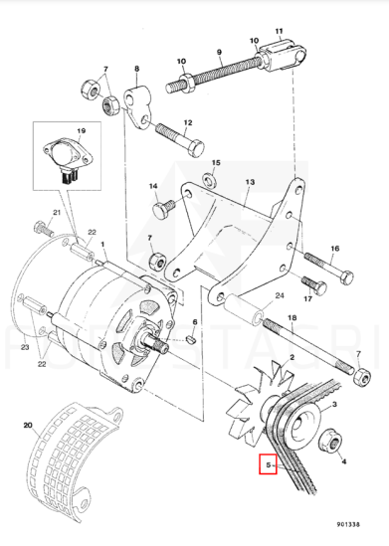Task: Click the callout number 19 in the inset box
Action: (82, 131)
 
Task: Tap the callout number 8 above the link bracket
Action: (136, 69)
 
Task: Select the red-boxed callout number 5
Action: (269, 464)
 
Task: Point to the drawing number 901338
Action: (348, 524)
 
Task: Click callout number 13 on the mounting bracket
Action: (250, 182)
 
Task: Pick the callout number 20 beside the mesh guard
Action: (28, 425)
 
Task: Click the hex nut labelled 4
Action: (330, 442)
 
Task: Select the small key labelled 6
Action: (192, 338)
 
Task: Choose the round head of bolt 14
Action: (160, 210)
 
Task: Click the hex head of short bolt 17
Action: (319, 288)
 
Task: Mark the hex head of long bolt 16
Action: (346, 277)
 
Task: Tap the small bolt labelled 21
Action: (44, 229)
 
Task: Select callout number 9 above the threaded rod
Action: (219, 53)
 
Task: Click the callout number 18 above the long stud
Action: (292, 318)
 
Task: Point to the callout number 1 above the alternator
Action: (102, 245)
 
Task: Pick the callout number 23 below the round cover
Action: (25, 347)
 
